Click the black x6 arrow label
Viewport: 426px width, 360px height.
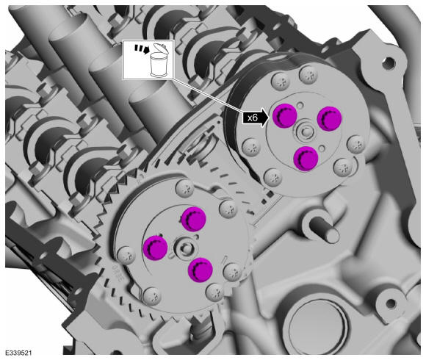click(256, 118)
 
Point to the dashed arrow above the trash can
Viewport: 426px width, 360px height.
click(142, 49)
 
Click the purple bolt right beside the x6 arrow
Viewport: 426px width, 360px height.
click(285, 115)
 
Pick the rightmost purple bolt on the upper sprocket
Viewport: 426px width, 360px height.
click(329, 119)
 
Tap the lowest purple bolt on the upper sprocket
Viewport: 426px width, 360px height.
click(306, 159)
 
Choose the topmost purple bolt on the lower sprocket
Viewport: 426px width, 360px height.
click(193, 219)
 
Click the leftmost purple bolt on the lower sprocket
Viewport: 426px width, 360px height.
click(155, 248)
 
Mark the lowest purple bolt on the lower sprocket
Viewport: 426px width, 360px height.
click(201, 270)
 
